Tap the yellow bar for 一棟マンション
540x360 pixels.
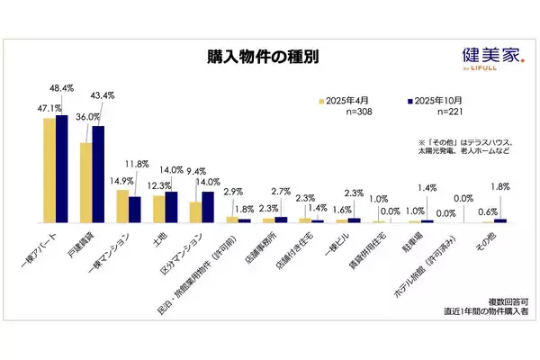tap(122, 206)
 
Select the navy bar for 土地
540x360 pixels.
tap(171, 207)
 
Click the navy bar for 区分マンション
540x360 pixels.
tap(208, 207)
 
